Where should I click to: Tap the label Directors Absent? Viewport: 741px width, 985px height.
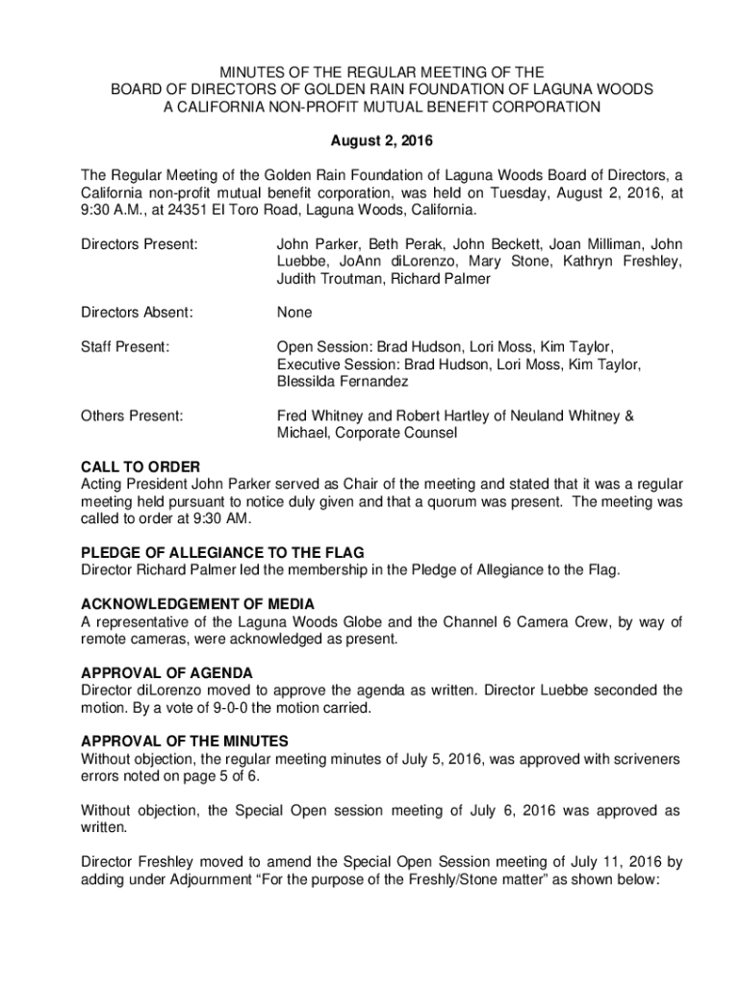tap(137, 313)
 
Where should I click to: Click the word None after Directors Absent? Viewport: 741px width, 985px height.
tap(294, 313)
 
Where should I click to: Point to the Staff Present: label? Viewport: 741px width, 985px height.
tap(126, 346)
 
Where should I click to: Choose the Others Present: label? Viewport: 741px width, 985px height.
tap(132, 416)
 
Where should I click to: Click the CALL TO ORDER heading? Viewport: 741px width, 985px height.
tap(141, 467)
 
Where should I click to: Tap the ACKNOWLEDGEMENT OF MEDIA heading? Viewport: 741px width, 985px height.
tap(197, 603)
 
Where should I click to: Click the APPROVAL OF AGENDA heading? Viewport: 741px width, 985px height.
tap(166, 672)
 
